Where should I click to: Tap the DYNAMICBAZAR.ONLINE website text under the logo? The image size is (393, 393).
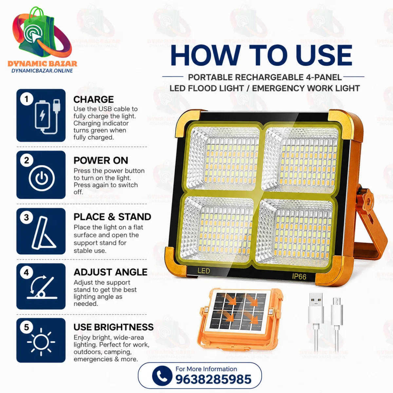click(x=42, y=70)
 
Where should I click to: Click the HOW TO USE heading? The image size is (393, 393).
click(x=261, y=55)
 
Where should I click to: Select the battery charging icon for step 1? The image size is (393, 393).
click(x=47, y=117)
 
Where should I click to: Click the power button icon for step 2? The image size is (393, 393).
click(x=42, y=178)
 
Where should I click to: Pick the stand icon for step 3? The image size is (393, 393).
click(x=44, y=233)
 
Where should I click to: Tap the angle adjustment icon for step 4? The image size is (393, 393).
click(x=42, y=287)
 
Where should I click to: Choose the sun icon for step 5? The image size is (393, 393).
click(x=41, y=342)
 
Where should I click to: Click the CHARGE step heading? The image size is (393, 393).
click(x=94, y=100)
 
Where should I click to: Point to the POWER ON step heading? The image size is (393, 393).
click(x=101, y=160)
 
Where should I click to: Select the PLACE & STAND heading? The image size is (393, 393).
click(x=112, y=217)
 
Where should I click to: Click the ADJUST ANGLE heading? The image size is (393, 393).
click(x=111, y=272)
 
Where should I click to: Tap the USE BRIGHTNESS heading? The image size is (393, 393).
click(x=114, y=327)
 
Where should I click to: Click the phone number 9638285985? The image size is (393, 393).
click(x=213, y=380)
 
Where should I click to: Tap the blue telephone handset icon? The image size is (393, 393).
click(x=162, y=376)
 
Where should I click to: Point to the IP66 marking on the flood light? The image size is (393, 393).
click(x=299, y=276)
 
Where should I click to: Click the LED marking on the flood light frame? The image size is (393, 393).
click(x=203, y=271)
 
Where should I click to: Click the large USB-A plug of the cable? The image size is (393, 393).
click(x=316, y=308)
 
